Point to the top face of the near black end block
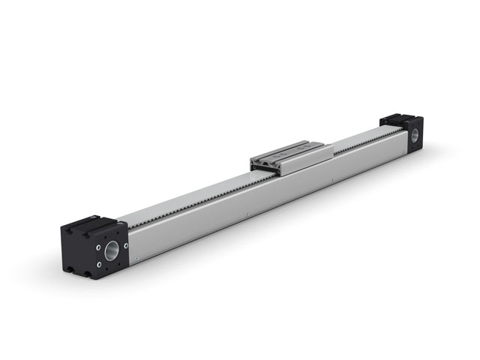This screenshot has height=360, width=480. point(92,225)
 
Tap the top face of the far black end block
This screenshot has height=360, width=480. point(401,119)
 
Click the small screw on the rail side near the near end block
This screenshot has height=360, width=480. point(137,257)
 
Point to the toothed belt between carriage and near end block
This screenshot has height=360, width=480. point(187,196)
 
